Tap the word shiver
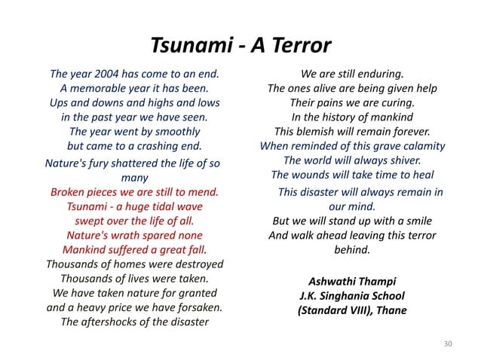click(x=403, y=160)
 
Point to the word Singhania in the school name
click(x=354, y=295)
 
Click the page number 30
click(x=449, y=344)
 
